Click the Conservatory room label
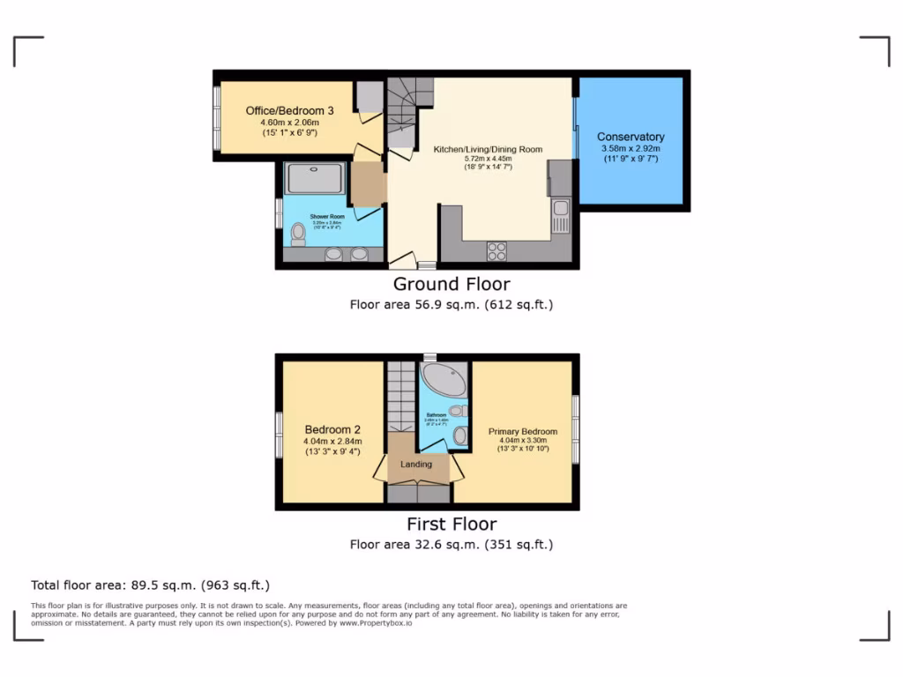(631, 137)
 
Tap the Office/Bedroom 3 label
(289, 110)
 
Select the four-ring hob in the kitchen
(496, 250)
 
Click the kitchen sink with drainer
(561, 216)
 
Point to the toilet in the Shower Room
(298, 233)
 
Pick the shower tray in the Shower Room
(316, 179)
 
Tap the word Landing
(416, 465)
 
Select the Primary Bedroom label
(523, 431)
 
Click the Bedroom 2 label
(332, 429)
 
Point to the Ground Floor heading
(451, 284)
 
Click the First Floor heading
(451, 524)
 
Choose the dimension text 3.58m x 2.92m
(631, 149)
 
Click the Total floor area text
(150, 584)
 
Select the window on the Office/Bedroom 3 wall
(216, 117)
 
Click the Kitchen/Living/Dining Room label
(488, 149)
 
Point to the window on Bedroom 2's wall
(279, 435)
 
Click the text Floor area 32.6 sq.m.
(451, 544)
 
